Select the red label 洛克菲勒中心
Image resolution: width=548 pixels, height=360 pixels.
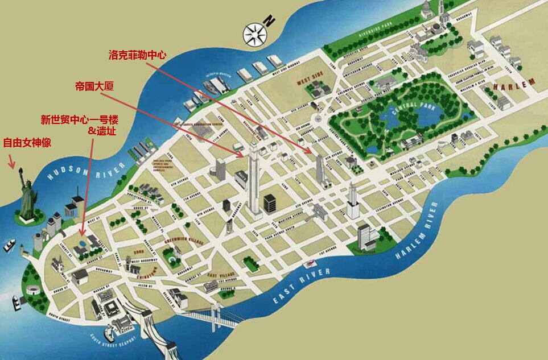coord(137,55)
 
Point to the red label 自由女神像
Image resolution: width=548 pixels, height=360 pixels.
coord(27,142)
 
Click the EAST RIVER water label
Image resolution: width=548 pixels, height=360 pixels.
coord(302,285)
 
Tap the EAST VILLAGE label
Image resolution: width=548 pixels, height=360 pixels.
coord(221,275)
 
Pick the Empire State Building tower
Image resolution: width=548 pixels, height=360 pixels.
coord(253,176)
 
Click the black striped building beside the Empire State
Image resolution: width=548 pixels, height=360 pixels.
coord(269,202)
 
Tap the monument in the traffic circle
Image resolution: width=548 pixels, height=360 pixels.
coord(316,120)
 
